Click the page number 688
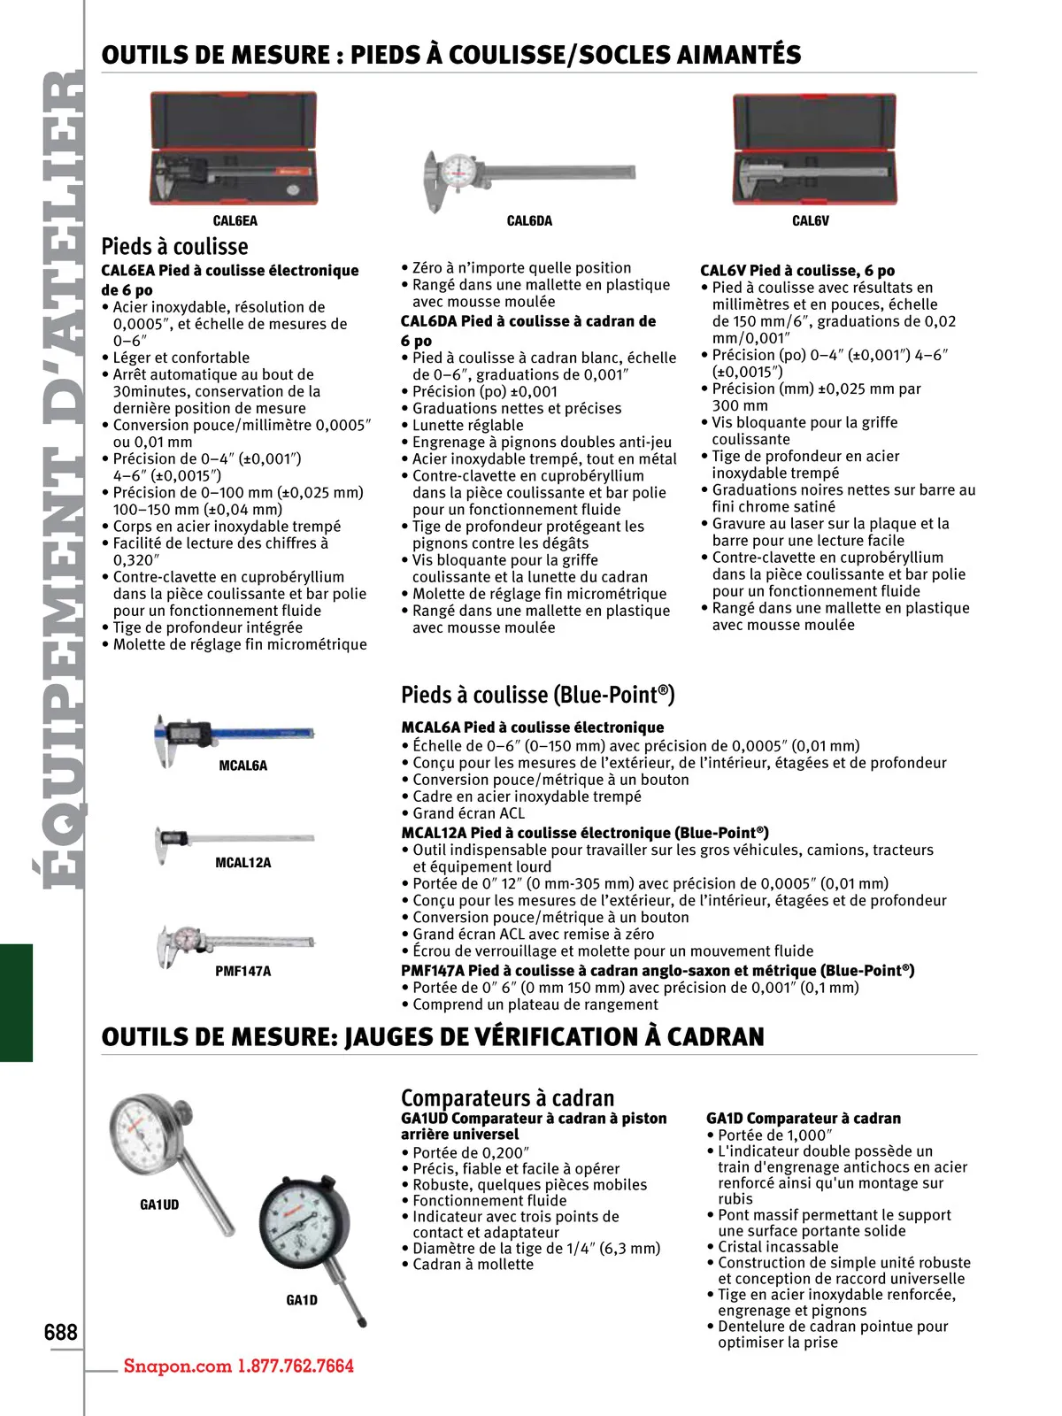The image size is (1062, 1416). pyautogui.click(x=61, y=1332)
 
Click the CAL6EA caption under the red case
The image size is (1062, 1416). pyautogui.click(x=235, y=221)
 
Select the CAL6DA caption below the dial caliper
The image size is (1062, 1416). pyautogui.click(x=529, y=221)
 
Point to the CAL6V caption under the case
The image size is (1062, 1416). pyautogui.click(x=811, y=221)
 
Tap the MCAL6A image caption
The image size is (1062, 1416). pyautogui.click(x=242, y=766)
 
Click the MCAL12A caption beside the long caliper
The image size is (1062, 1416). pyautogui.click(x=242, y=863)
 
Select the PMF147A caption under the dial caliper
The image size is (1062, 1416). pyautogui.click(x=242, y=971)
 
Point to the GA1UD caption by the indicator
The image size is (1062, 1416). pyautogui.click(x=159, y=1204)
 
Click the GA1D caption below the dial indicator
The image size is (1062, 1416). pyautogui.click(x=302, y=1300)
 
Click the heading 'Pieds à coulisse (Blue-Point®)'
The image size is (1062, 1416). pyautogui.click(x=538, y=695)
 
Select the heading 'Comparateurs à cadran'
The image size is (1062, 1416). pyautogui.click(x=507, y=1097)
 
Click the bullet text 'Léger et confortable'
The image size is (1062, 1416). pyautogui.click(x=181, y=358)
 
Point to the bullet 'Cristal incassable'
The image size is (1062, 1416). pyautogui.click(x=778, y=1247)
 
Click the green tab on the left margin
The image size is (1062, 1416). pyautogui.click(x=16, y=1002)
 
